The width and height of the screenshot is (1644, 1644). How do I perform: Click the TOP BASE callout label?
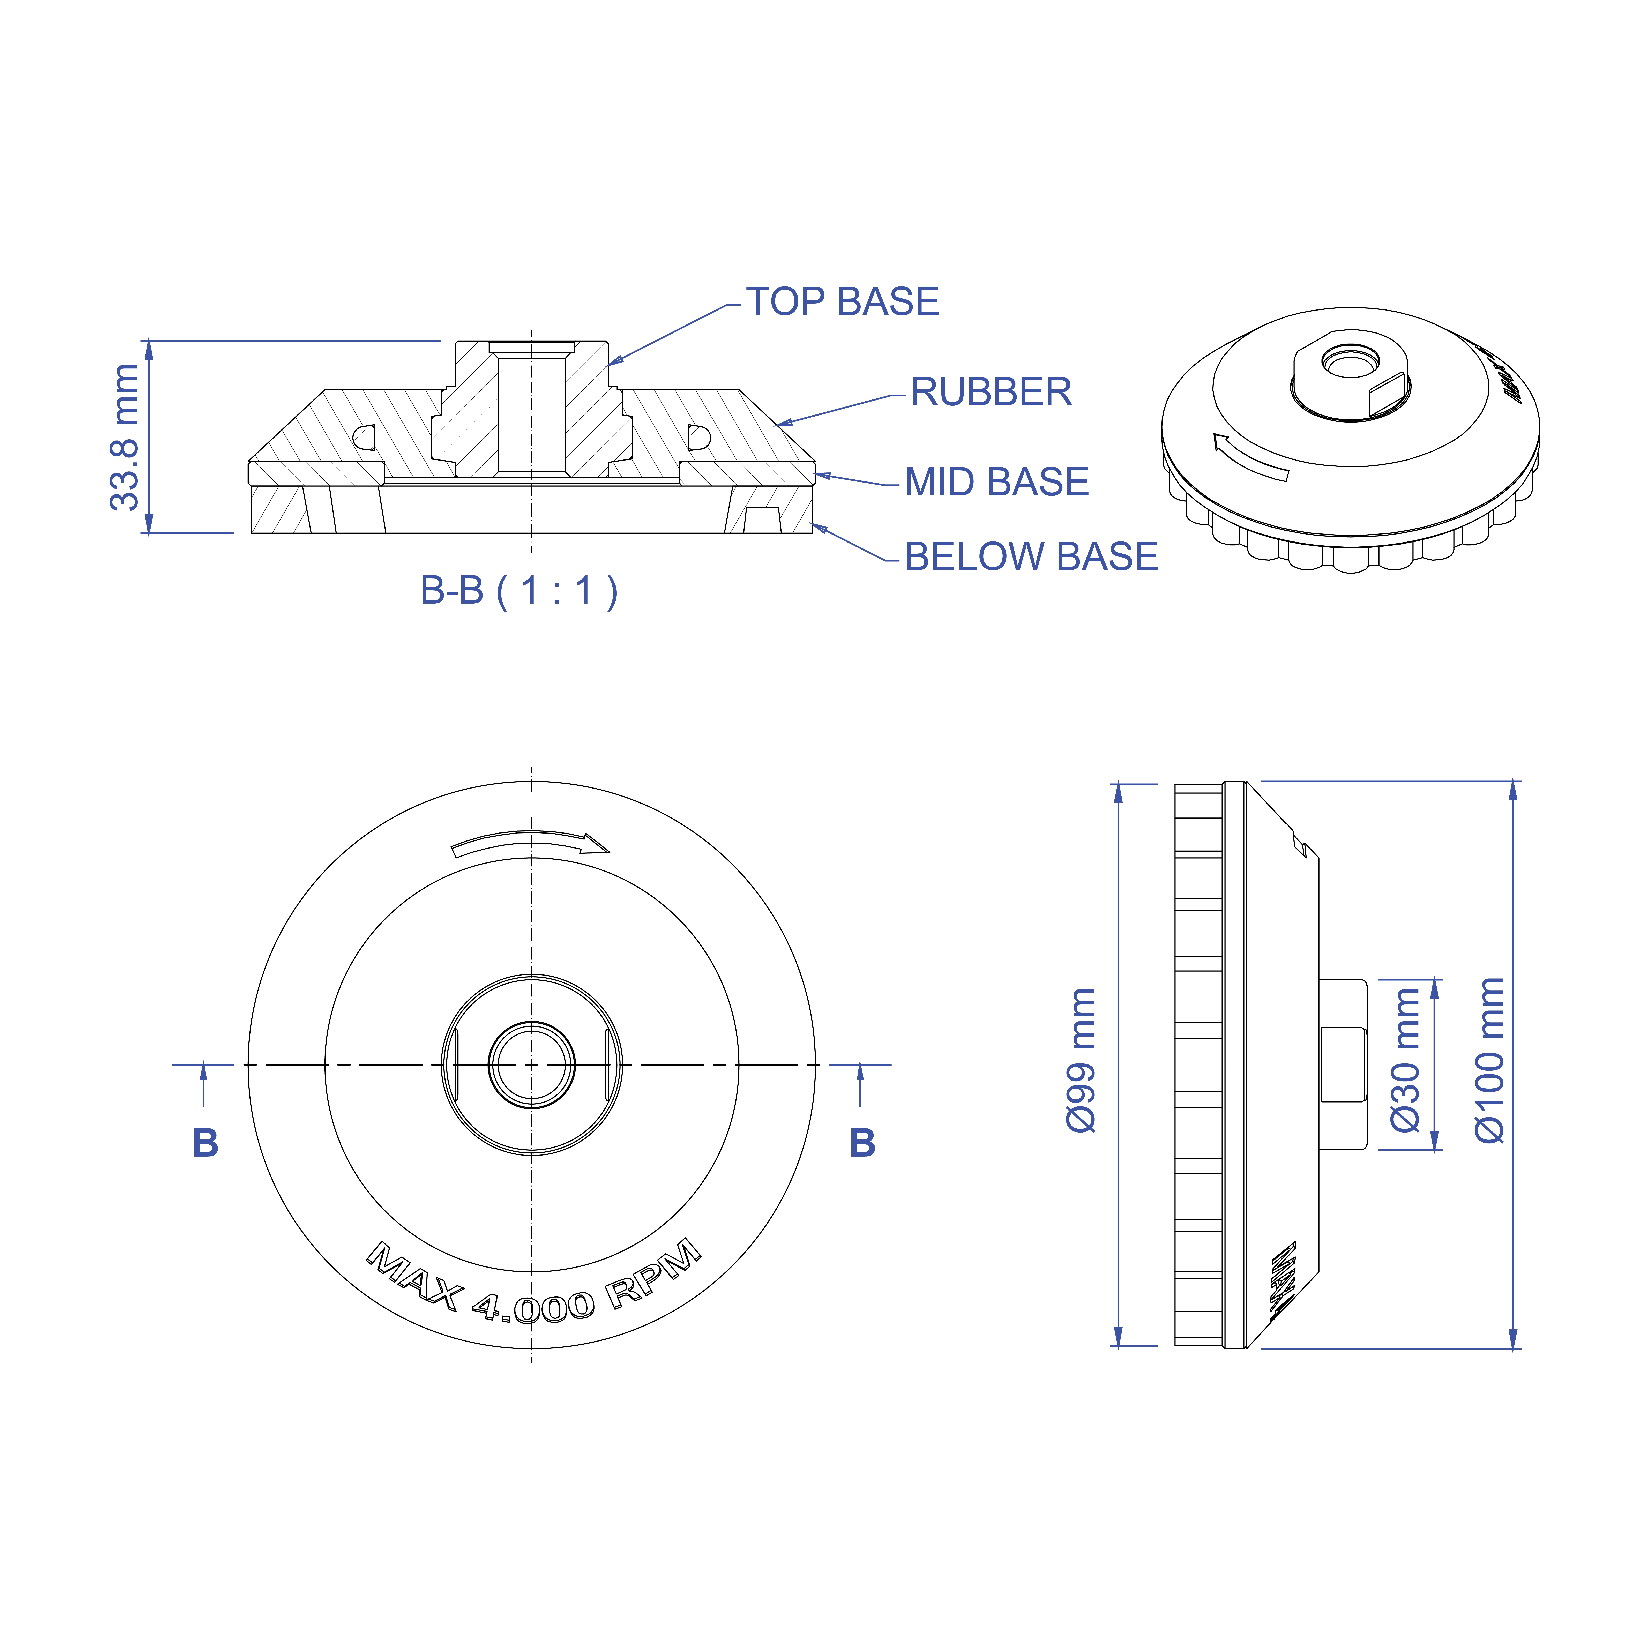pos(842,302)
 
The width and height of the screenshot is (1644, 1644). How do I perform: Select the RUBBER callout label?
pos(991,392)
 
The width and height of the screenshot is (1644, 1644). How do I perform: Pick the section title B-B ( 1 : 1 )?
pos(519,591)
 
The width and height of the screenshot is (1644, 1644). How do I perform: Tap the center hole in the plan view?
pos(532,1064)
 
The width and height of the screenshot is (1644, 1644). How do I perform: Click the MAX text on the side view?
pos(1283,1281)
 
